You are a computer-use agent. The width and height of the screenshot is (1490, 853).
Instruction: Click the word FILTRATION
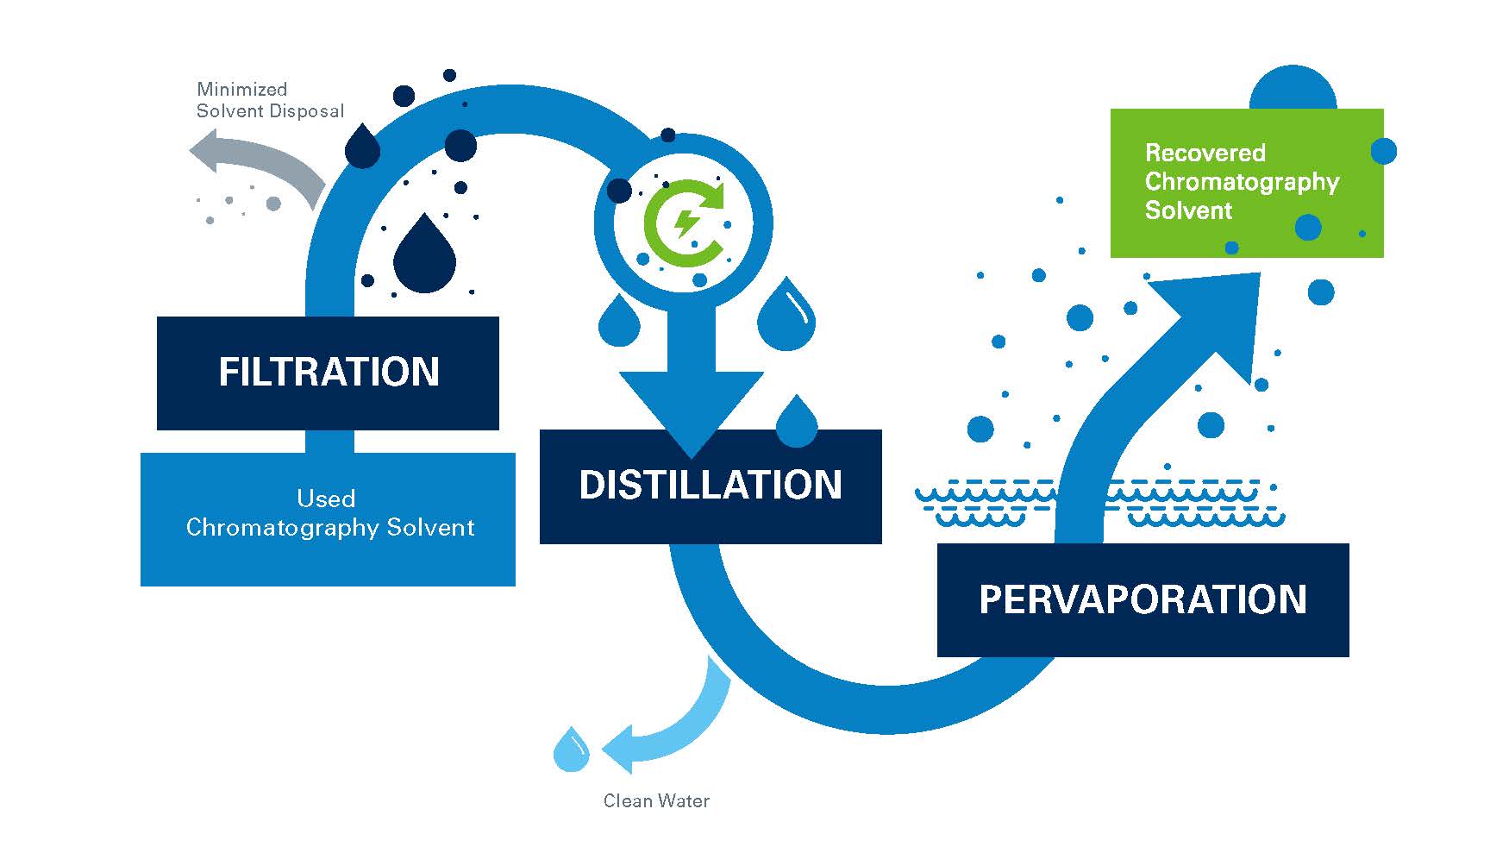click(329, 372)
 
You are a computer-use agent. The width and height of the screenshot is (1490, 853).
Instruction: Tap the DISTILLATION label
click(711, 485)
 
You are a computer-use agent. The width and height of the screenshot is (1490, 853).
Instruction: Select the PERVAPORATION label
click(1143, 599)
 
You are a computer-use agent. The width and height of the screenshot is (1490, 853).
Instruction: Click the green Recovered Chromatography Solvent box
click(1246, 183)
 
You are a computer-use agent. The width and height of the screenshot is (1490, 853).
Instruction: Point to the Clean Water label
click(656, 801)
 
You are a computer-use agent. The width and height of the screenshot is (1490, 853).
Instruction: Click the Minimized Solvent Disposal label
click(270, 100)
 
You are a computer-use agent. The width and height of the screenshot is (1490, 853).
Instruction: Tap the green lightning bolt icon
click(687, 223)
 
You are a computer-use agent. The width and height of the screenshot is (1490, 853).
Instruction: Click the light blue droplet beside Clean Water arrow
click(571, 751)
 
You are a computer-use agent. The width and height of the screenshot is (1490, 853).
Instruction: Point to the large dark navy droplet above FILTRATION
click(424, 256)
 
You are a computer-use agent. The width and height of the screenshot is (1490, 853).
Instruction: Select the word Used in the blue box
click(326, 499)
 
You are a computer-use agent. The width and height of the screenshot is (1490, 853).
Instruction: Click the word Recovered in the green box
click(1205, 153)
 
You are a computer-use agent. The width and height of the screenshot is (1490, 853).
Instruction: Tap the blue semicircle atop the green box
click(1293, 90)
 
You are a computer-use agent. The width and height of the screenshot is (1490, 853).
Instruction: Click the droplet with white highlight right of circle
click(786, 317)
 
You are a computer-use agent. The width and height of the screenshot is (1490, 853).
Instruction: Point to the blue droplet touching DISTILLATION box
click(797, 423)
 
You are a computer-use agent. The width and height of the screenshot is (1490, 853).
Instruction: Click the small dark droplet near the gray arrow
click(362, 147)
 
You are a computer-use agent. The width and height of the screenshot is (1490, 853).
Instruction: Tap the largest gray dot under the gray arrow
click(273, 204)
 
